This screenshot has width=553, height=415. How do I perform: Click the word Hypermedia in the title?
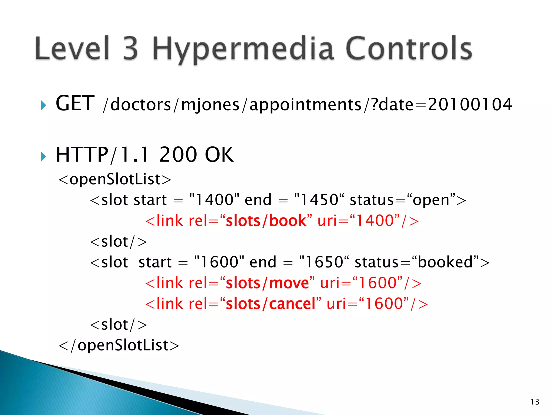coord(243,49)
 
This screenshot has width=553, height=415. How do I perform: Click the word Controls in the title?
coord(408,49)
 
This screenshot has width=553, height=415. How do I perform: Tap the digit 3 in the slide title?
coord(131,49)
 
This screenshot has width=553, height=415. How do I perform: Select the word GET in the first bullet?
coord(75,104)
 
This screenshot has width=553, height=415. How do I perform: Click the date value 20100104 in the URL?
coord(470,105)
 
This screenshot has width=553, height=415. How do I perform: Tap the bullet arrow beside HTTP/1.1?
coord(43,156)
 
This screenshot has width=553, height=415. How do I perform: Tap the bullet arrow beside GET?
coord(43,105)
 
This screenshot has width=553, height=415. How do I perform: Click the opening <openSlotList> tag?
coord(115,179)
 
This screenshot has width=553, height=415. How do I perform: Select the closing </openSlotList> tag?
coord(119,345)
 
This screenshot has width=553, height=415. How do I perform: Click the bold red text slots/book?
coord(266,221)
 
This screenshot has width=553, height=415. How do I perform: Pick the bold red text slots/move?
coord(267,283)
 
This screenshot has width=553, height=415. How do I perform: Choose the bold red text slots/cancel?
coord(271,304)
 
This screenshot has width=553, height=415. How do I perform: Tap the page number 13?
coord(535,402)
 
